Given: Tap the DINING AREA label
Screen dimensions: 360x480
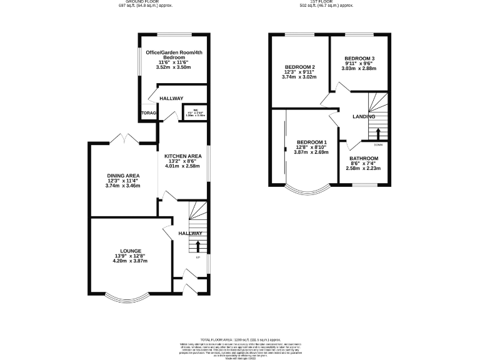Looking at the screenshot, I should click(x=124, y=175).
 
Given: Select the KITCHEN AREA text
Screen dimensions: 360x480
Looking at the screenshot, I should click(x=182, y=155).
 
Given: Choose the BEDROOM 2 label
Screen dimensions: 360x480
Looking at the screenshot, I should click(x=299, y=67).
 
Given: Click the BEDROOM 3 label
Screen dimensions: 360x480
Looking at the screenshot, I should click(x=359, y=58).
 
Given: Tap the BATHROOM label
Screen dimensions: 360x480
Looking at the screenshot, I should click(x=364, y=158).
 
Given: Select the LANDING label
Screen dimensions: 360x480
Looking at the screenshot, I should click(x=364, y=116).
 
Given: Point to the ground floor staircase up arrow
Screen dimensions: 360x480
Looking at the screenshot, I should click(x=198, y=246).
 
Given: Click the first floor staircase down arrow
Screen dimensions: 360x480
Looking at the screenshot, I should click(x=378, y=133).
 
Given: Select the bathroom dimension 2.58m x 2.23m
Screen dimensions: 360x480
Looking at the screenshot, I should click(x=364, y=168).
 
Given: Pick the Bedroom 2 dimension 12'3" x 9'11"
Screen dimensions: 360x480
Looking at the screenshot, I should click(x=299, y=72).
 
